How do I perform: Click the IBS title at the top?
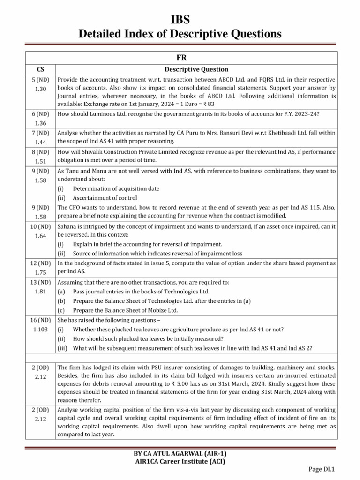[180, 19]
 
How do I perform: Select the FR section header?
[180, 58]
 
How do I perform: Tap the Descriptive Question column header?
[196, 69]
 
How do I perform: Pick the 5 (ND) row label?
[40, 80]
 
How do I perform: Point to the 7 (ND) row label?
[40, 133]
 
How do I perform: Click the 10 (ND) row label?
[40, 226]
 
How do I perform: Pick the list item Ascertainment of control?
[106, 197]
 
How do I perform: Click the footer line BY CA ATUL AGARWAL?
[180, 454]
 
